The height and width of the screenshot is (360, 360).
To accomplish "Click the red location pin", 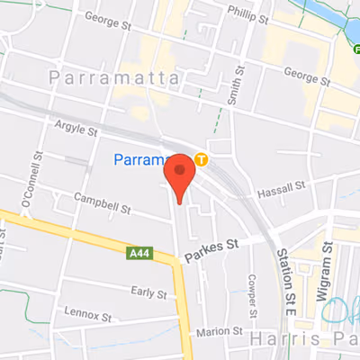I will pyautogui.click(x=180, y=175).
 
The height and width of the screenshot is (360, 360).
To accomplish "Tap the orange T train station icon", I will pyautogui.click(x=202, y=162).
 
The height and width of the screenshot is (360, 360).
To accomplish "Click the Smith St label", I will pyautogui.click(x=238, y=85).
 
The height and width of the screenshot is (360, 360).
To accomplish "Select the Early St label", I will pyautogui.click(x=148, y=292).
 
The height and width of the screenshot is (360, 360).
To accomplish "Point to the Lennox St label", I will pyautogui.click(x=88, y=316).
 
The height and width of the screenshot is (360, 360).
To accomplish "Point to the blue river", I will pyautogui.click(x=333, y=18).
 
